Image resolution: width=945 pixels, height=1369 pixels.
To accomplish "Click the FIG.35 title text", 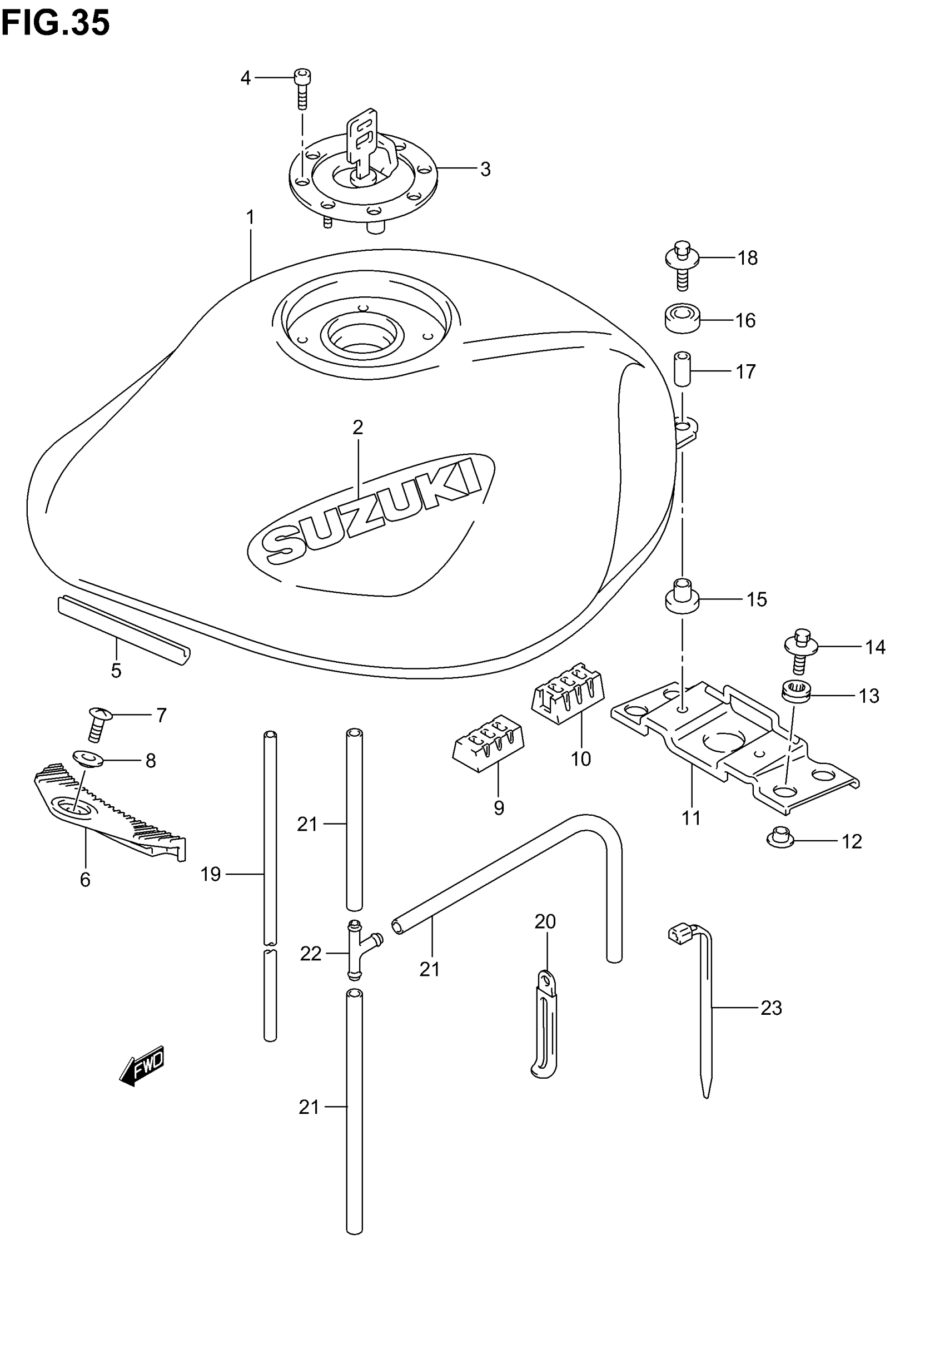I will tap(55, 24).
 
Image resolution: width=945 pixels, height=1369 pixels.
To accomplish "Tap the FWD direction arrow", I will tap(142, 1067).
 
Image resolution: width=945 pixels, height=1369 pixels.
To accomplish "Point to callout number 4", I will tap(245, 78).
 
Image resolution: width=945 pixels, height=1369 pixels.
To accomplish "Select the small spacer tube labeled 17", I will tap(683, 369).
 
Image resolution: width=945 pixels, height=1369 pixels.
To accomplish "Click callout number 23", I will tap(771, 1007).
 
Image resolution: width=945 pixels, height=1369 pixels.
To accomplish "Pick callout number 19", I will tap(210, 874).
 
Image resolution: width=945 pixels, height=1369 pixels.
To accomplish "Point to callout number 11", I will tap(691, 818).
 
